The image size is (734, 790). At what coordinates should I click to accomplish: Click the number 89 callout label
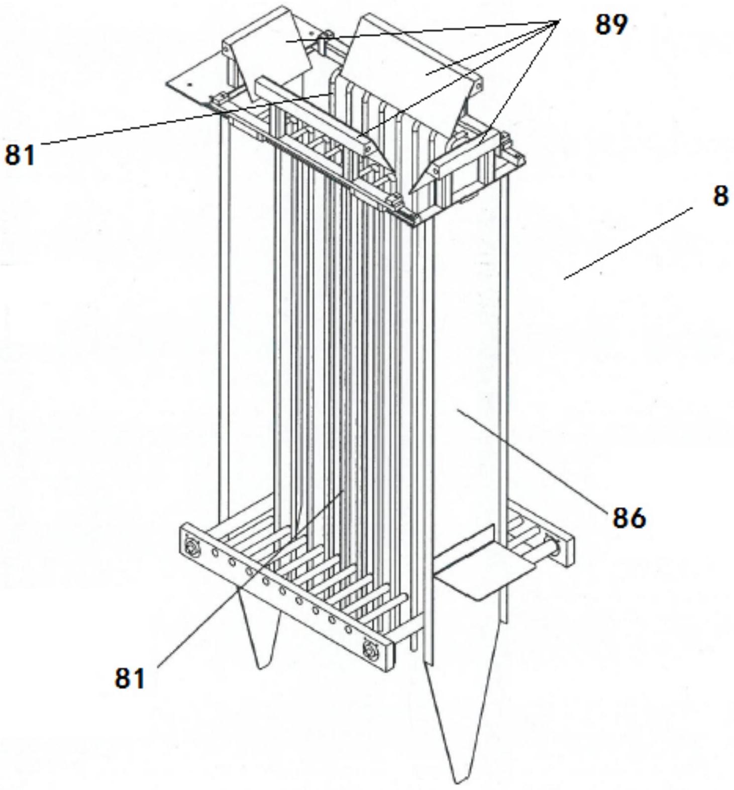[x=611, y=24]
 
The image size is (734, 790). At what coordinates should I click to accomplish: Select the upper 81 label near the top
[x=20, y=154]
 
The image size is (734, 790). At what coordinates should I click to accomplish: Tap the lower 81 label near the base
[x=130, y=678]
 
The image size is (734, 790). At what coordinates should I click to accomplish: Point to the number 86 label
[x=628, y=517]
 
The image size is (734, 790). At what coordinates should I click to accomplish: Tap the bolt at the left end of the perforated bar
[x=191, y=544]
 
